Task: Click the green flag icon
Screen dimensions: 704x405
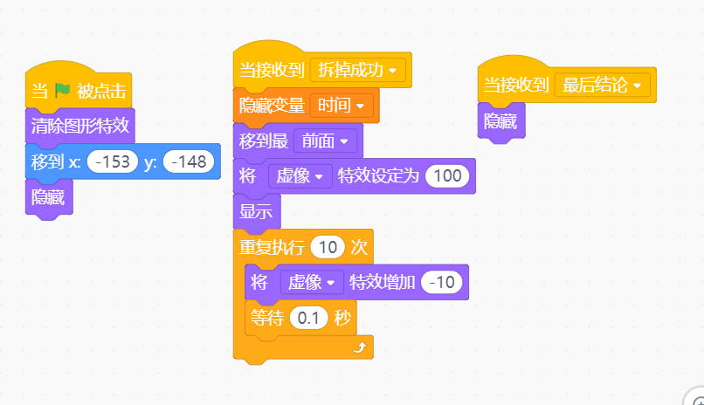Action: [62, 90]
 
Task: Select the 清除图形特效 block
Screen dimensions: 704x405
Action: [79, 126]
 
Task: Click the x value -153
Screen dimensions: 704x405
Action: [113, 161]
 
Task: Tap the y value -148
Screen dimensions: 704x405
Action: [189, 161]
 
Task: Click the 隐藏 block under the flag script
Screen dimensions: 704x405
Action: [49, 197]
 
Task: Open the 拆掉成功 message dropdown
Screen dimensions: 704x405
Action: [357, 70]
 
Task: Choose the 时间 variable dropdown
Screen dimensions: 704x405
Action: [342, 106]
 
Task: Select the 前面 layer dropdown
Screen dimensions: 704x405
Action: [326, 141]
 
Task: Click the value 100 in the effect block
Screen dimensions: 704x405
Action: [447, 175]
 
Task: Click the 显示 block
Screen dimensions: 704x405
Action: [257, 211]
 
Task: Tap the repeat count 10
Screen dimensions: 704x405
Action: [328, 247]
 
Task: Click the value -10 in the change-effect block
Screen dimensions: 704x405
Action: [442, 282]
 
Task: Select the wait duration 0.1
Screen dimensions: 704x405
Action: [308, 318]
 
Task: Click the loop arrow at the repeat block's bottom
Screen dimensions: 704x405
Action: [360, 347]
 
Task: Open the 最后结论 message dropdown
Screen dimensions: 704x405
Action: [602, 85]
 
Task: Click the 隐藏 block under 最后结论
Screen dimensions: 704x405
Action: [501, 121]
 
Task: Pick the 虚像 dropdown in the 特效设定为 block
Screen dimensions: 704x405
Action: [300, 175]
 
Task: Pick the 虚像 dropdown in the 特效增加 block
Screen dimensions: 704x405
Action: [312, 283]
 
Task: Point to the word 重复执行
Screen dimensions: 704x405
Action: [272, 247]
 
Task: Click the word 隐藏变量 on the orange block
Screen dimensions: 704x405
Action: [272, 106]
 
